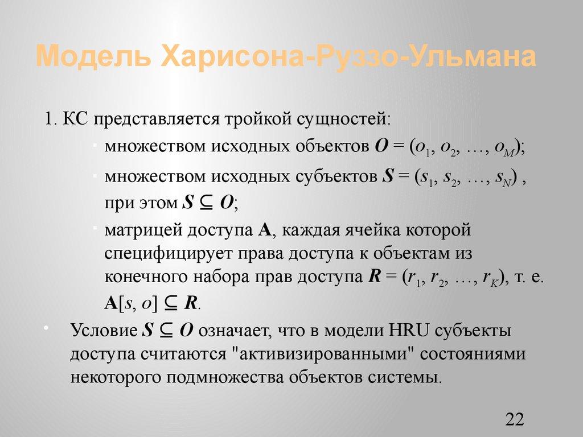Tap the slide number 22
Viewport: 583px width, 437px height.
514,420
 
